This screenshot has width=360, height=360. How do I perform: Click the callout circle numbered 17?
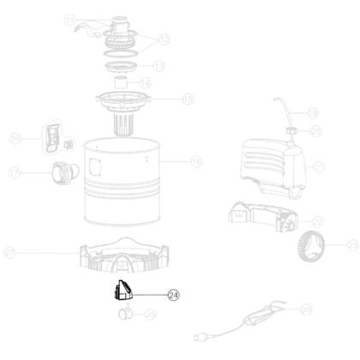point(14,171)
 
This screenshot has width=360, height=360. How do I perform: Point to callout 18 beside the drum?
point(196,160)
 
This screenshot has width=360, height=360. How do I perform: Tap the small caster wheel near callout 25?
point(124,314)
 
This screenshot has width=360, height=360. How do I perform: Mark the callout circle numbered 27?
point(11,252)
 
